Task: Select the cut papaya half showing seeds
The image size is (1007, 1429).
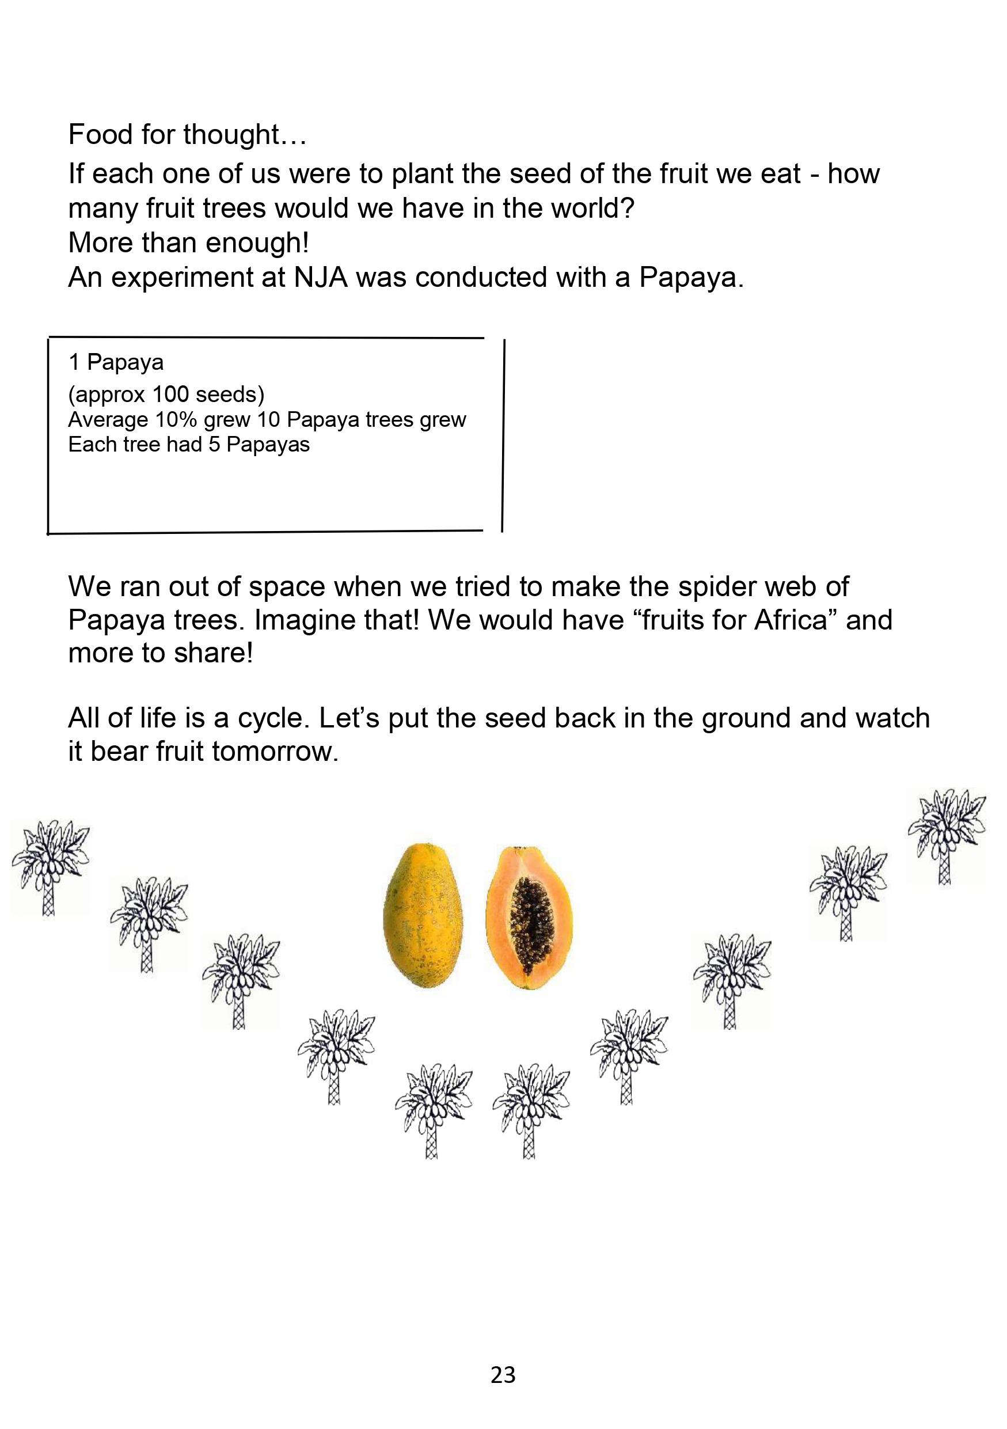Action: [x=528, y=917]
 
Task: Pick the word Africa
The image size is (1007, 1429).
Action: [x=792, y=620]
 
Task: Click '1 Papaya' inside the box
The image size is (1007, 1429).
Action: [x=116, y=362]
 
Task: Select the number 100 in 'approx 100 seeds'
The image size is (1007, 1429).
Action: [x=170, y=395]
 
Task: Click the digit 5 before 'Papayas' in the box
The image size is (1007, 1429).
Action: [x=214, y=445]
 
